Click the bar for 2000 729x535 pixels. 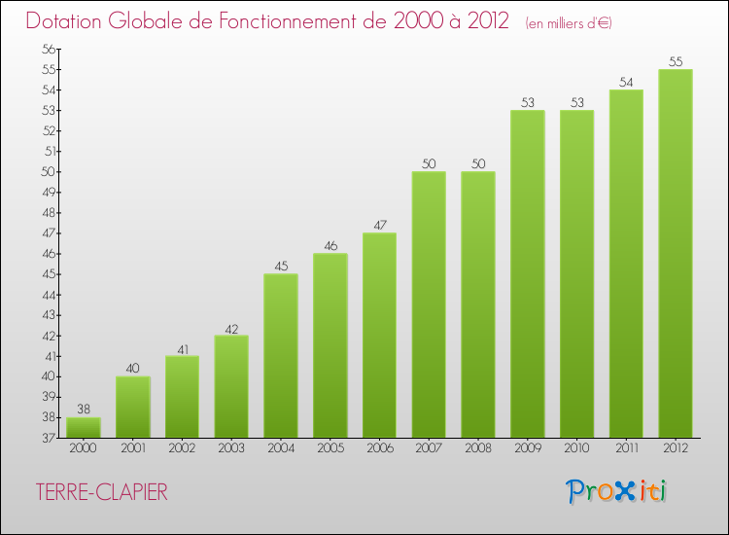84,428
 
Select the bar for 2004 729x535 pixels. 281,356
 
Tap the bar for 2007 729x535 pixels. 429,304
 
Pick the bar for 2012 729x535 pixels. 676,253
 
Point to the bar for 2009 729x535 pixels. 528,273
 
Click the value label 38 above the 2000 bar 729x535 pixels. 84,410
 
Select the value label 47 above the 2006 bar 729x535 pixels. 380,225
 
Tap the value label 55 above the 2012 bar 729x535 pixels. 676,61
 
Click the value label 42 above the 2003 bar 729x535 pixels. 231,328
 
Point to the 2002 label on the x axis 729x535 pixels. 182,449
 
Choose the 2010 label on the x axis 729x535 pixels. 576,449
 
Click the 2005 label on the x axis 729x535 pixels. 330,449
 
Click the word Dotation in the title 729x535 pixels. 67,20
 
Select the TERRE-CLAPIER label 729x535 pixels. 102,492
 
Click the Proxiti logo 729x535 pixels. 616,491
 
